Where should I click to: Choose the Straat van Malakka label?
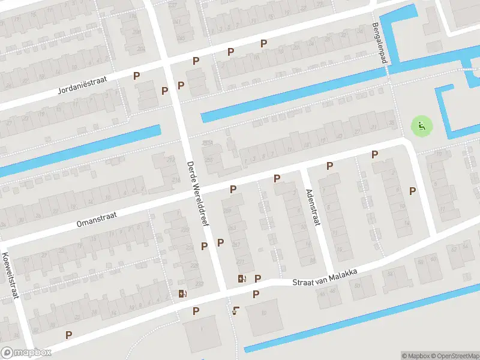[x=325, y=278]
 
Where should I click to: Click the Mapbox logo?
[x=26, y=353]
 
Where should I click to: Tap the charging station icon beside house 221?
[x=241, y=278]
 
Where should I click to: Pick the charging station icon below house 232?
[x=182, y=293]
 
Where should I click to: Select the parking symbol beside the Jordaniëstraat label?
[x=137, y=76]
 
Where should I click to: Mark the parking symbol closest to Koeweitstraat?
[x=69, y=335]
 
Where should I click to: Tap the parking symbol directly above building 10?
[x=256, y=294]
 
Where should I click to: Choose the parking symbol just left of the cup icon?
[x=196, y=311]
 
